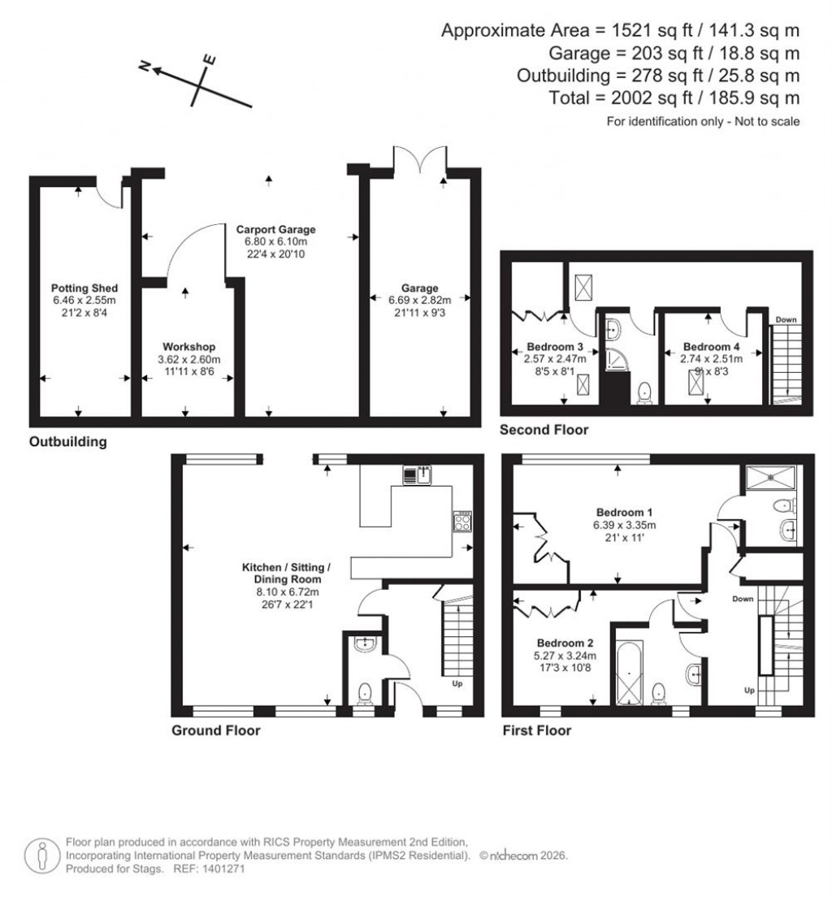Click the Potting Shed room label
tap(84, 288)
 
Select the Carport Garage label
tap(275, 230)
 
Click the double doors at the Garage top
tap(419, 160)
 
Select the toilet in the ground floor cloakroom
tap(366, 693)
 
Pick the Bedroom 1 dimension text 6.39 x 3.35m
tap(624, 525)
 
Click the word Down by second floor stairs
tap(786, 319)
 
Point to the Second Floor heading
tap(544, 430)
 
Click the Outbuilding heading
tap(67, 443)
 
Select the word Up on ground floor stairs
tap(457, 683)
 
